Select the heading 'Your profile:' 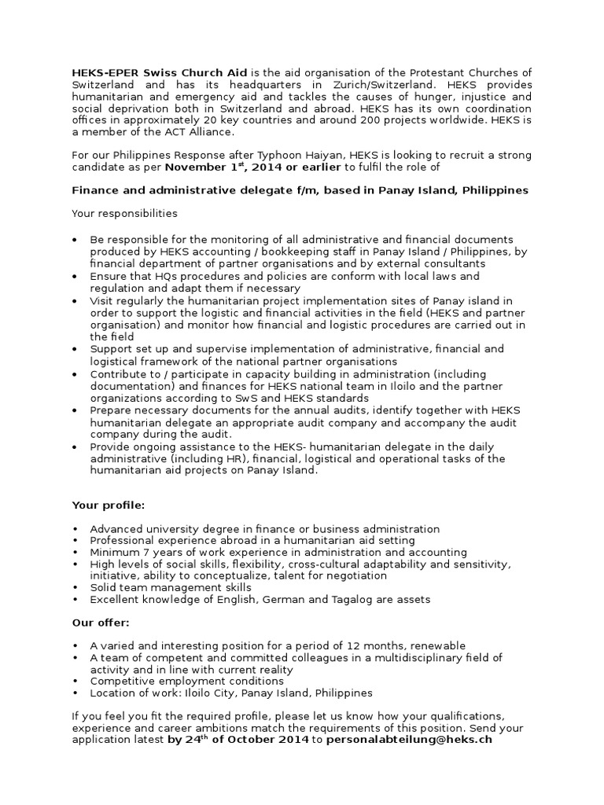pos(109,505)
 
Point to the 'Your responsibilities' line pos(124,213)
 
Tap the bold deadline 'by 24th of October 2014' pos(239,741)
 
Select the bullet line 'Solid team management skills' pos(171,588)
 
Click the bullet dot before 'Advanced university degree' pos(75,529)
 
